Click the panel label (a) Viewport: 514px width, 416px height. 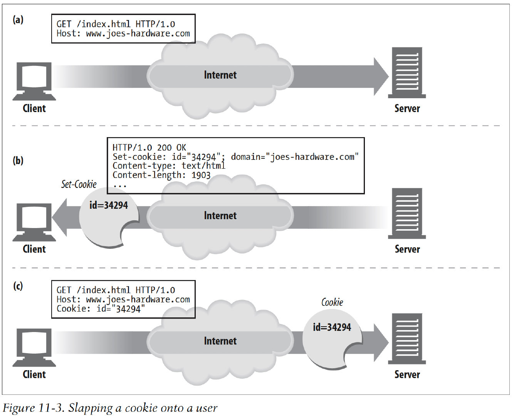tap(18, 20)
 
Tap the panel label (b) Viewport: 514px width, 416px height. tap(18, 160)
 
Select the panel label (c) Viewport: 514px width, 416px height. tap(18, 286)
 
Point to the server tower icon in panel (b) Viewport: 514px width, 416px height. tap(407, 213)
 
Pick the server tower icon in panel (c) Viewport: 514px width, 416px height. tap(407, 339)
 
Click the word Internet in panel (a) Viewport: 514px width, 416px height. tap(220, 75)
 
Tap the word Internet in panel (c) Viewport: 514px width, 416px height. tap(220, 341)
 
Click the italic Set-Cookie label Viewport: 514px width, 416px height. tap(79, 184)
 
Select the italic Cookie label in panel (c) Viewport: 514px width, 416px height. tap(332, 302)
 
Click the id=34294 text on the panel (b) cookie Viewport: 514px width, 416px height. tap(109, 205)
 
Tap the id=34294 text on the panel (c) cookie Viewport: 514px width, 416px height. tap(332, 327)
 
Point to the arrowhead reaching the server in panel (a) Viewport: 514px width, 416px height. tap(381, 76)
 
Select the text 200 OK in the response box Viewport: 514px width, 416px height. tap(171, 148)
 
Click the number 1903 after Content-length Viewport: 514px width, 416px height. tap(201, 175)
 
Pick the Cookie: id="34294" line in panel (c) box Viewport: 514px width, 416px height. tap(101, 309)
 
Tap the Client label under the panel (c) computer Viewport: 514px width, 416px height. tap(34, 374)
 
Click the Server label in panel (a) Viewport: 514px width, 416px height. tap(407, 108)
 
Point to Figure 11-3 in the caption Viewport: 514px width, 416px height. tap(33, 408)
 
